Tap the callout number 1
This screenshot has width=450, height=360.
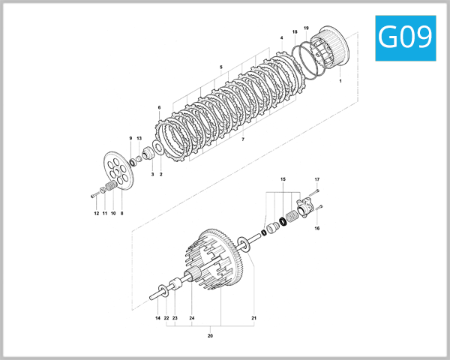pos(340,79)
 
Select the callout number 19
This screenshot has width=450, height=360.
pos(306,28)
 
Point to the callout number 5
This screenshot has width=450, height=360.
pos(221,67)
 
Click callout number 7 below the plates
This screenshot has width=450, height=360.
pos(242,139)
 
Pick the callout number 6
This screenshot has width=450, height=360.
pos(159,107)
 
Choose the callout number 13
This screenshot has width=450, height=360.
pos(139,139)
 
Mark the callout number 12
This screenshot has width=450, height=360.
pos(96,214)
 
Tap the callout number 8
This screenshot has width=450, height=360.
pos(121,214)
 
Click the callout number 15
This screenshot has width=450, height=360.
pos(283,180)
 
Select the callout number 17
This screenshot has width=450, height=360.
pos(317,179)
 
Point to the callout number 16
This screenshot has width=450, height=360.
pos(317,227)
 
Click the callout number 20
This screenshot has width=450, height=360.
pos(210,335)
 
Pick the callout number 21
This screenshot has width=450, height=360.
pos(253,319)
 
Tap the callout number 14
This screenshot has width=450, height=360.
pos(157,319)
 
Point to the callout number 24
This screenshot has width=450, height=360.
pos(192,319)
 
